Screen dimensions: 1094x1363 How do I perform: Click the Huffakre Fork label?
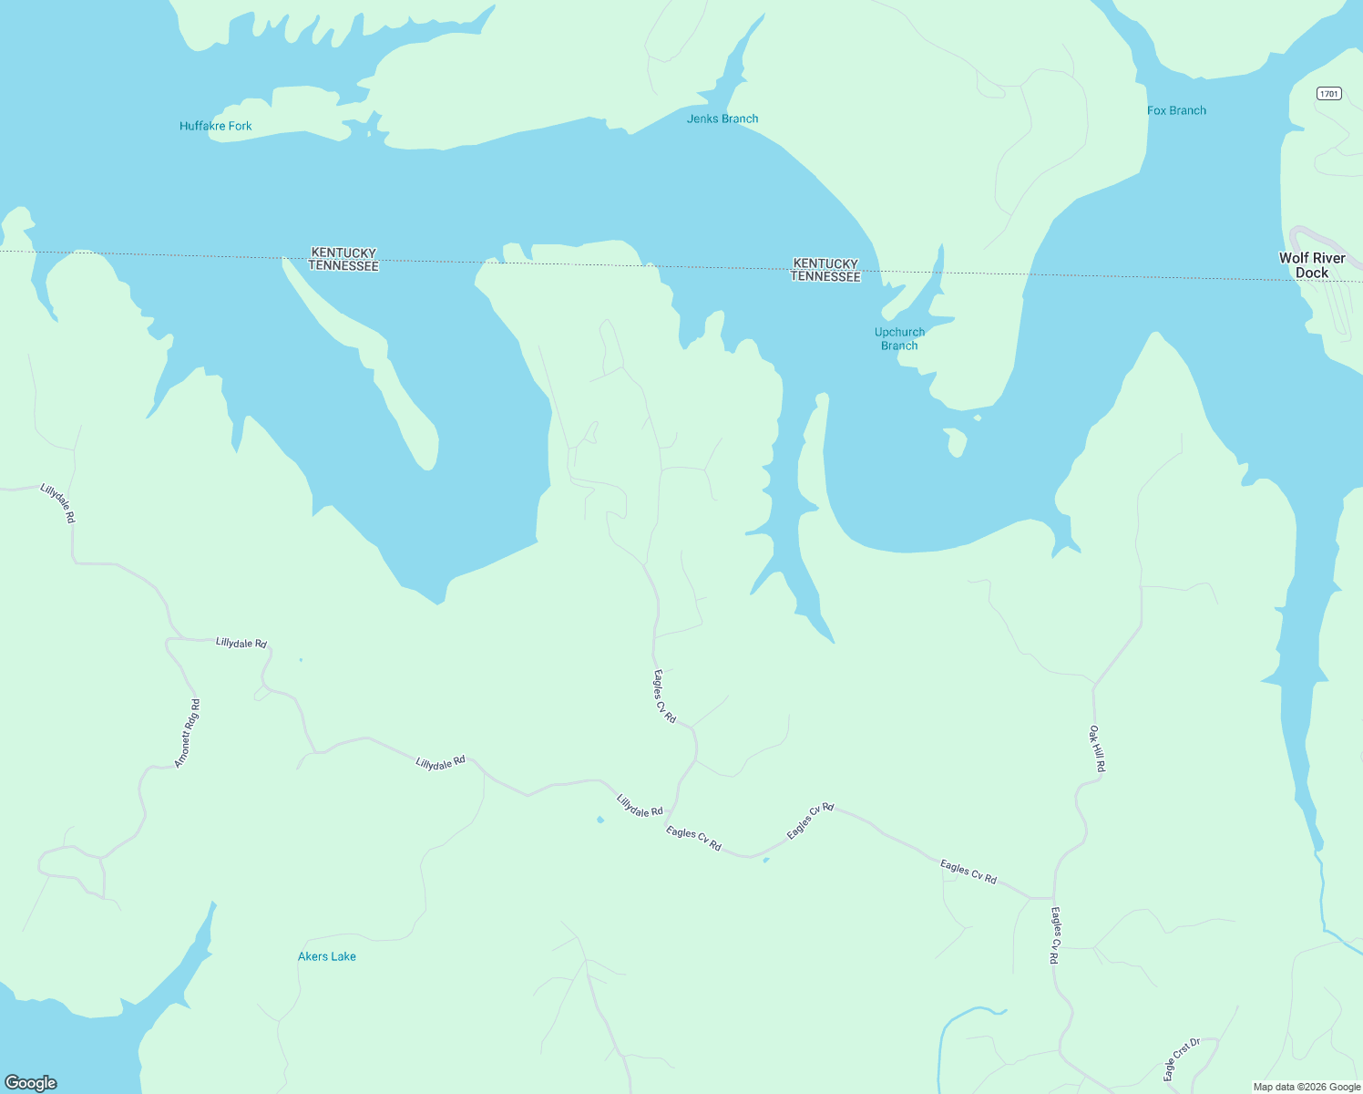coord(215,126)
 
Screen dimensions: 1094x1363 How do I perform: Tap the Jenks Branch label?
coord(722,119)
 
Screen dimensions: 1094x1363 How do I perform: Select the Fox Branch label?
coord(1176,110)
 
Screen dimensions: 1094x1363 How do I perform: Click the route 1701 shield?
coord(1329,94)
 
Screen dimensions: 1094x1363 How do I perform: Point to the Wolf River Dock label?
coord(1312,265)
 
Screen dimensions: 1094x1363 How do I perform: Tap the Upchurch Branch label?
coord(899,338)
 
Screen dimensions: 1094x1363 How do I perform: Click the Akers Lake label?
coord(326,956)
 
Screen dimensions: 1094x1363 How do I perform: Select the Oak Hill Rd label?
coord(1097,748)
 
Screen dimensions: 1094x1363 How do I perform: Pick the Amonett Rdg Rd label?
coord(188,733)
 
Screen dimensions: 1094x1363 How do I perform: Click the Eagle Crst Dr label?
coord(1182,1058)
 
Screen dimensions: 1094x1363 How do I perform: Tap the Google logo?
coord(31,1083)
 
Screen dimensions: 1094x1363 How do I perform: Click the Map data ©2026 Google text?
coord(1307,1087)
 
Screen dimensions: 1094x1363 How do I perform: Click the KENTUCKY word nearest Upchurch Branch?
coord(825,263)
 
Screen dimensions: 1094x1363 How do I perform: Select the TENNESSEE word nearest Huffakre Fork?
coord(343,265)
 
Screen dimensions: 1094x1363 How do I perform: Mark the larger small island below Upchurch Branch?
coord(954,442)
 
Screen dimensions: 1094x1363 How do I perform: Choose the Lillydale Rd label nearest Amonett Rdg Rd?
coord(241,643)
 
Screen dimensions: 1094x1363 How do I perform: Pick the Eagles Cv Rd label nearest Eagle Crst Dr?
coord(1055,935)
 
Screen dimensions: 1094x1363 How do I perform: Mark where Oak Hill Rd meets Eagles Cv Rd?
coord(1054,898)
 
